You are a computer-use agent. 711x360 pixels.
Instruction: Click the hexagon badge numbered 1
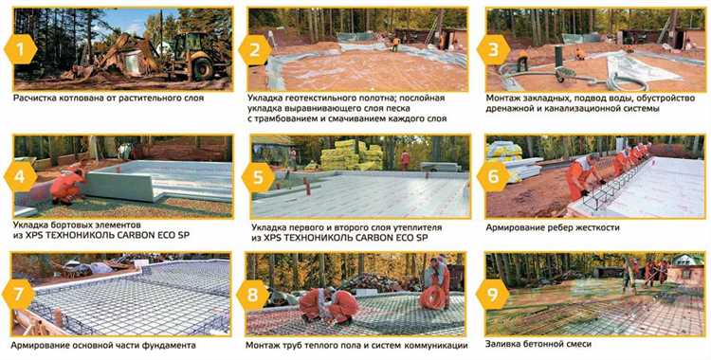[x=21, y=48]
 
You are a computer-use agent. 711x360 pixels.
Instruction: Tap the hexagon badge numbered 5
[x=258, y=178]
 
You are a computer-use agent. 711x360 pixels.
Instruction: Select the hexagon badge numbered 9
[x=492, y=295]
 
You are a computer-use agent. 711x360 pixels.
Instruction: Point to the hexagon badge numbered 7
[x=19, y=295]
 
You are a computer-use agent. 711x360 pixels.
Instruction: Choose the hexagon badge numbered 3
[x=494, y=50]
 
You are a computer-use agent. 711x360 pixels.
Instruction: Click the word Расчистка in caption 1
[x=31, y=98]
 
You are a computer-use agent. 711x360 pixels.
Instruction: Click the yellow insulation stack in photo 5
[x=352, y=155]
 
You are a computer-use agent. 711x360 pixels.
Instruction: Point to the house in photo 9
[x=686, y=267]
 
